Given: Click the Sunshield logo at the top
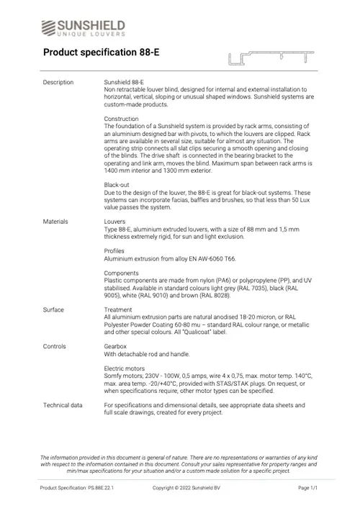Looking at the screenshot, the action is click(x=84, y=27).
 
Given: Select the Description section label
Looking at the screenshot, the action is click(x=58, y=83).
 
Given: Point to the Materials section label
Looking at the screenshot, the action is click(x=55, y=222).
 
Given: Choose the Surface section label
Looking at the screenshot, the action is click(x=53, y=310).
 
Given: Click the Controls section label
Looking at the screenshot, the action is click(x=55, y=347).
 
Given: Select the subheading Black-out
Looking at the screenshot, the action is click(x=117, y=185).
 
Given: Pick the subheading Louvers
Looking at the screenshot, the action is click(x=115, y=222).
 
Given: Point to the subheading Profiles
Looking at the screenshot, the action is click(x=114, y=250).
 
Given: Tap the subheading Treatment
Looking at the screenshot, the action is click(x=119, y=310).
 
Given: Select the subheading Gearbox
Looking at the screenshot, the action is click(x=117, y=347).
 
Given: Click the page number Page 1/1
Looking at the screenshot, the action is click(x=308, y=488).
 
